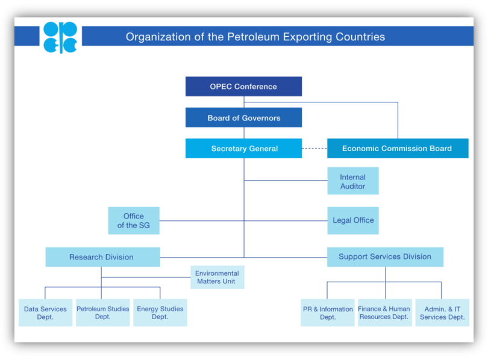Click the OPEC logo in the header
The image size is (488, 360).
[60, 37]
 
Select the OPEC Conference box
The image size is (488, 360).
[243, 87]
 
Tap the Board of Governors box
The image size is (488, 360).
[243, 118]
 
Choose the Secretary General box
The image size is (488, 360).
[243, 149]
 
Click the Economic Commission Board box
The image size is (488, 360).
[397, 149]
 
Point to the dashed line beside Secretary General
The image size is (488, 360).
[314, 149]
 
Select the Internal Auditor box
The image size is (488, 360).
[352, 181]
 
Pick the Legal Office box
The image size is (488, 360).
[352, 220]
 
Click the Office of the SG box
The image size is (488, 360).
[134, 220]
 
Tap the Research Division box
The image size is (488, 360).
[102, 257]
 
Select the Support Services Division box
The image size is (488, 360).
[385, 257]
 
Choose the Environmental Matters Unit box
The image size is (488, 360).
[217, 277]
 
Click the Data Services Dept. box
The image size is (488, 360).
[45, 312]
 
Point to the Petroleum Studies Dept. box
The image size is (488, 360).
[102, 312]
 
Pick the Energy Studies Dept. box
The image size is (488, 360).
[160, 312]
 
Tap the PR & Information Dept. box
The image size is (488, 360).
[328, 312]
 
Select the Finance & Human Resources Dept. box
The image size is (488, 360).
[384, 312]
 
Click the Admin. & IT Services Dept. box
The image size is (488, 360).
[442, 312]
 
